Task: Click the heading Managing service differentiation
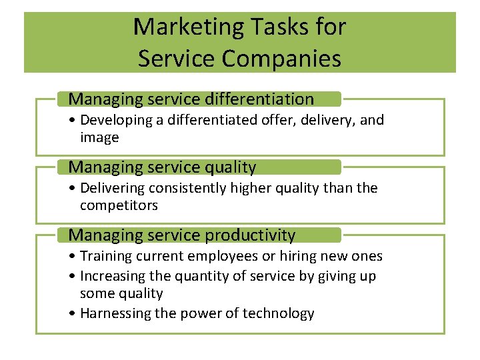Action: pyautogui.click(x=191, y=99)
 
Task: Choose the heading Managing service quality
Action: pyautogui.click(x=162, y=167)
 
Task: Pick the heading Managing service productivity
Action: pyautogui.click(x=182, y=235)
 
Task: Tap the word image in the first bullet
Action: pyautogui.click(x=99, y=137)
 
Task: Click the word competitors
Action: pyautogui.click(x=119, y=205)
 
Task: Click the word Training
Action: pyautogui.click(x=106, y=256)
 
